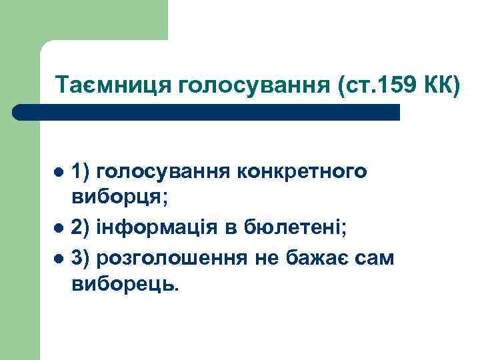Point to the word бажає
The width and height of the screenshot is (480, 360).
tap(321, 257)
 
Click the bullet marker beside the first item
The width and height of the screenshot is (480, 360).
tap(59, 171)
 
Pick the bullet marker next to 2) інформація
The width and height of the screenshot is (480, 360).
tap(59, 228)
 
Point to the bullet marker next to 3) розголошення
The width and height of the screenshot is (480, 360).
tap(59, 257)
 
